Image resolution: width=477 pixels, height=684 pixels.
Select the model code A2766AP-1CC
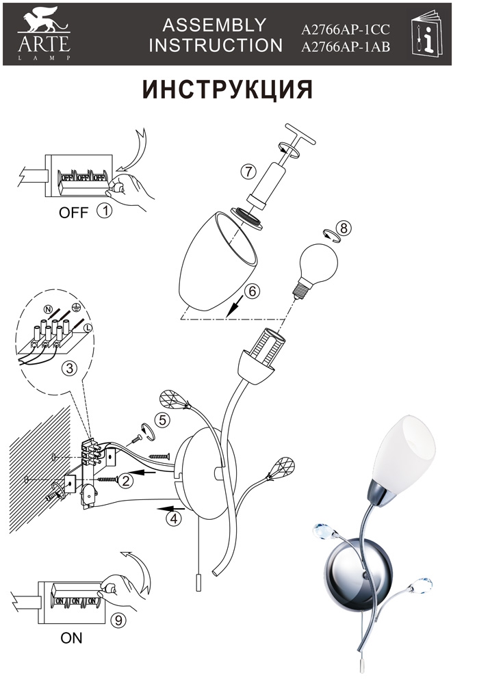[345, 29]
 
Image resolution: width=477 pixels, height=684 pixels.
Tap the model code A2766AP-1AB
[345, 47]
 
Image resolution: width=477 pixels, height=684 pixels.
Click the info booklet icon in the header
[426, 34]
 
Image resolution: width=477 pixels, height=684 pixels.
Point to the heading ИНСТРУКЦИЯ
[227, 90]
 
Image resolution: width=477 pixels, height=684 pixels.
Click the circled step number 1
[104, 211]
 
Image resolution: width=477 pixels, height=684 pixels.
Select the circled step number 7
[248, 172]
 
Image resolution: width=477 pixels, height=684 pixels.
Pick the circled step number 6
[253, 291]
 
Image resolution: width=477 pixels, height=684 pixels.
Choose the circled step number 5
[162, 421]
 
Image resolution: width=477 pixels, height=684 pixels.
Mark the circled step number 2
[126, 481]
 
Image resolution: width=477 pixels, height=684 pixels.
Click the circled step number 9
[118, 620]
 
